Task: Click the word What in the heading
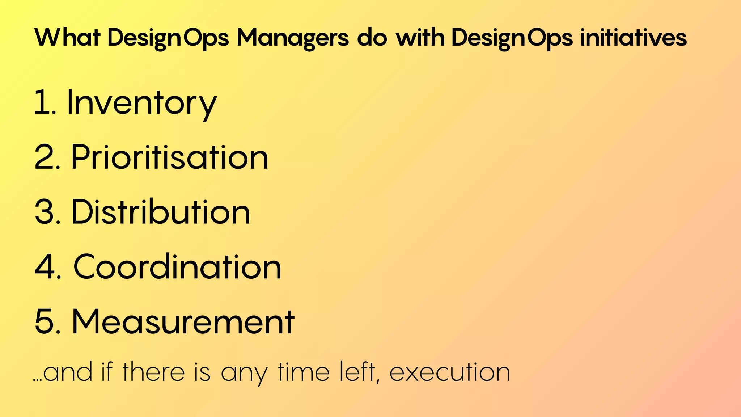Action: (x=67, y=37)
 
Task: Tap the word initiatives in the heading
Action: (x=633, y=37)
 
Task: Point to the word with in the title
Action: (x=420, y=37)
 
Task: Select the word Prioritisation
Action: (x=170, y=157)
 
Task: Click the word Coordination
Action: (x=177, y=267)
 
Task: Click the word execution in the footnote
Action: (x=450, y=372)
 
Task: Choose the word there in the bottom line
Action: (x=153, y=372)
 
